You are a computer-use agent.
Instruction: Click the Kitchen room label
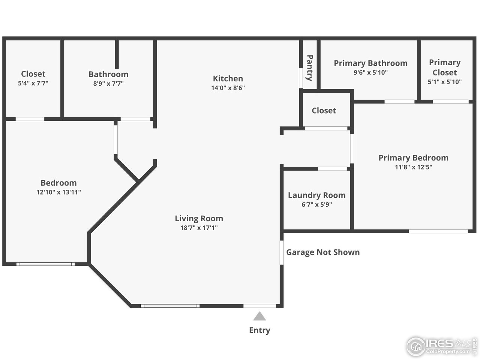[228, 78]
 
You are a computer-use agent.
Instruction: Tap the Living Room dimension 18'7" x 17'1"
[199, 228]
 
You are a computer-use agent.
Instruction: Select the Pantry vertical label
[310, 68]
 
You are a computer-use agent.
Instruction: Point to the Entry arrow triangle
[259, 316]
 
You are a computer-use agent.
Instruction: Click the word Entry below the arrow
[259, 330]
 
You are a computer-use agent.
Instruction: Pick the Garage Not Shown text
[323, 252]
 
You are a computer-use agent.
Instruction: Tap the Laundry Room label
[316, 195]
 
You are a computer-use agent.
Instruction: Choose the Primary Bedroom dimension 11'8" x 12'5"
[413, 167]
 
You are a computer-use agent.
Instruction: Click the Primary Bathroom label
[370, 63]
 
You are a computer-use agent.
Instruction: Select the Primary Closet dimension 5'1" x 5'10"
[444, 82]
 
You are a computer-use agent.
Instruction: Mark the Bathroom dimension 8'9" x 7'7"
[108, 84]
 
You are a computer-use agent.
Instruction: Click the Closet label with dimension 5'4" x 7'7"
[33, 74]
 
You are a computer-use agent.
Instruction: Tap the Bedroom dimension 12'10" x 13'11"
[58, 192]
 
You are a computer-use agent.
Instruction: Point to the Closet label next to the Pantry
[324, 111]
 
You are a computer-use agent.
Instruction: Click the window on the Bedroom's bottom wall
[45, 264]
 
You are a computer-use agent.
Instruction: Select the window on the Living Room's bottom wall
[170, 306]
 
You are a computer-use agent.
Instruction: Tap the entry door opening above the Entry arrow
[259, 306]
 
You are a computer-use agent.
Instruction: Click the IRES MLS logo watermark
[441, 345]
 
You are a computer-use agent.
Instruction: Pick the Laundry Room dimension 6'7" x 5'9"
[316, 205]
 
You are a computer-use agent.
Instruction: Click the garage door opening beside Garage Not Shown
[281, 252]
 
